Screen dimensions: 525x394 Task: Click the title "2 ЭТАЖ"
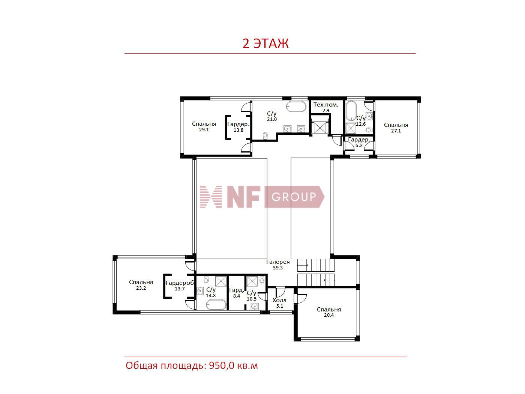265,44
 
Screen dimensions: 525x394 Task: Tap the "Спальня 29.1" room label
204,126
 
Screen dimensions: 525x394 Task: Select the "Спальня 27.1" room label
396,128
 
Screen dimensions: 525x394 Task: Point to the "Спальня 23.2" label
141,285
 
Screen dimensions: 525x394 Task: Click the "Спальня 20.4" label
328,312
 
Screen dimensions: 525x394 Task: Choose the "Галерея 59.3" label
278,265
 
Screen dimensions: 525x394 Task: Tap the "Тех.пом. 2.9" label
326,107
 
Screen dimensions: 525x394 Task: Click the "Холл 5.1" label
279,303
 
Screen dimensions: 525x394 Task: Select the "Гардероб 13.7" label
180,286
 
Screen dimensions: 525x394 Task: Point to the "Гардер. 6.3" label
359,142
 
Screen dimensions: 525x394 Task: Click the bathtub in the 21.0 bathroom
296,107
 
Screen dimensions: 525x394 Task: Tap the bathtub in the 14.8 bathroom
216,305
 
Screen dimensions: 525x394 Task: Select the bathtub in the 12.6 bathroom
351,111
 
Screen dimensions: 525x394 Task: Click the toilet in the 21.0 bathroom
265,135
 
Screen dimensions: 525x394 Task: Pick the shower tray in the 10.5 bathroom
252,281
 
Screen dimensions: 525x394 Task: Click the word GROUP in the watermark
294,197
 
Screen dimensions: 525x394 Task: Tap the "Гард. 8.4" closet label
236,293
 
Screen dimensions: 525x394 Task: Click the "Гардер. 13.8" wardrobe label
238,127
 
